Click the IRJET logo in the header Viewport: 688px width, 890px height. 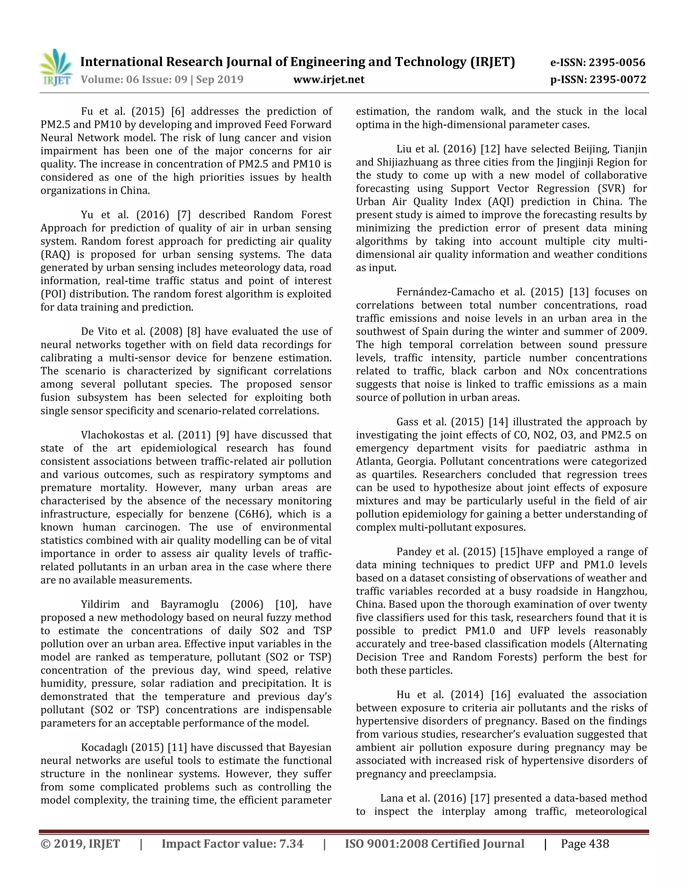(x=56, y=67)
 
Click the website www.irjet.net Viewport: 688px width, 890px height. (x=329, y=80)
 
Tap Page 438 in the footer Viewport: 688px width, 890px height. (x=585, y=844)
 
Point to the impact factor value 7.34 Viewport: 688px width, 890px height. (x=291, y=844)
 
